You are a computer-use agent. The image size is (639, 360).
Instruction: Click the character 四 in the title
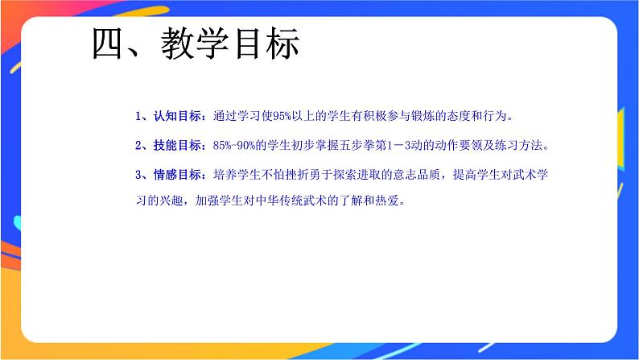(x=109, y=45)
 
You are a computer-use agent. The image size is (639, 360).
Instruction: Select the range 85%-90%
(x=237, y=146)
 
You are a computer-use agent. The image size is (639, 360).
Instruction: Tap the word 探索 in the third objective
(x=343, y=175)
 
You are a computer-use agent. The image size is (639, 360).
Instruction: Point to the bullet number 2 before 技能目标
(x=139, y=146)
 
